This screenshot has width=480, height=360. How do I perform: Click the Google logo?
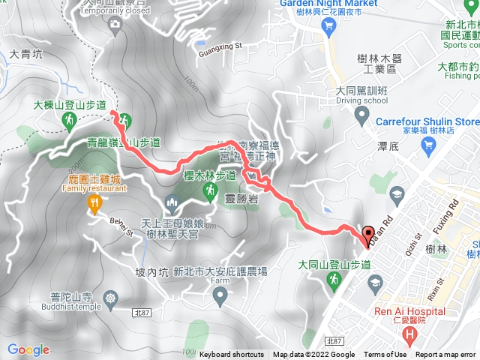[28, 349]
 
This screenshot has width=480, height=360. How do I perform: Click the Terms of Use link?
[385, 355]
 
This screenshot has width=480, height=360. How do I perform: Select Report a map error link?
[445, 355]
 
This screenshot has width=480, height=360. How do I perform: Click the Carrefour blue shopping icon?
[362, 117]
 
